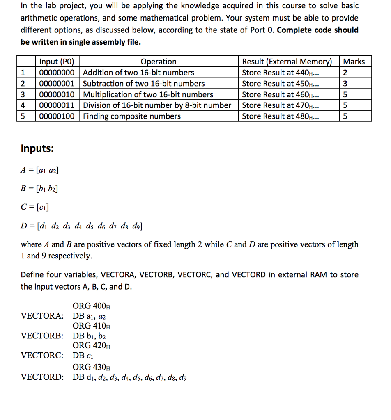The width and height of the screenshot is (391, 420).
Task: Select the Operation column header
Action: pos(159,62)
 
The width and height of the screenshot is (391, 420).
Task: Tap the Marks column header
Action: pos(354,62)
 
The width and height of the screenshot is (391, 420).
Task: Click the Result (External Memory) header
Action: pos(287,62)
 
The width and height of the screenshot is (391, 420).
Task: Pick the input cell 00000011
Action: pos(57,105)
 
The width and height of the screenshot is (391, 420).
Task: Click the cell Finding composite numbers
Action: pos(132,116)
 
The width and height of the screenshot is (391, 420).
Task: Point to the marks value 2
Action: pos(345,73)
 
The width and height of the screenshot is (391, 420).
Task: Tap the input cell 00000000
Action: pos(57,73)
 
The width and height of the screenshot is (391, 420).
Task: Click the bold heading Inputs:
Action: pos(37,148)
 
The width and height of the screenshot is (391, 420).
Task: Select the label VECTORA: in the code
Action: pos(42,316)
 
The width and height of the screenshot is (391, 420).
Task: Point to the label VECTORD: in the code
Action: pos(42,377)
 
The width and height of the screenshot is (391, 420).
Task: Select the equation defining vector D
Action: pos(82,226)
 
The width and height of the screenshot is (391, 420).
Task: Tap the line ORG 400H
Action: pos(91,306)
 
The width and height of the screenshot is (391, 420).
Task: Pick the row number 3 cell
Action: pos(23,94)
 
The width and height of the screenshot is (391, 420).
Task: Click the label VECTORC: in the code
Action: pos(42,355)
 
